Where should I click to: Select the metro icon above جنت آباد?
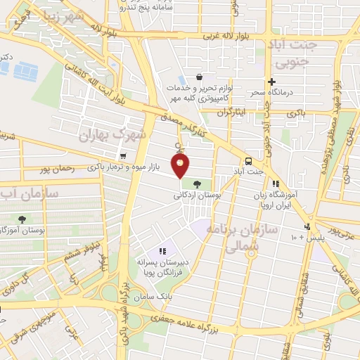[x=249, y=160]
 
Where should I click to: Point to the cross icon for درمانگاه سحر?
[x=271, y=82]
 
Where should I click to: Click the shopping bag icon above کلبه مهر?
[x=200, y=77]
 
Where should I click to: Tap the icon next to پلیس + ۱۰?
[x=307, y=226]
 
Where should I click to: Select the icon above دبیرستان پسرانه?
[x=162, y=250]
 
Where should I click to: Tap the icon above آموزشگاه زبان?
[x=285, y=184]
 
